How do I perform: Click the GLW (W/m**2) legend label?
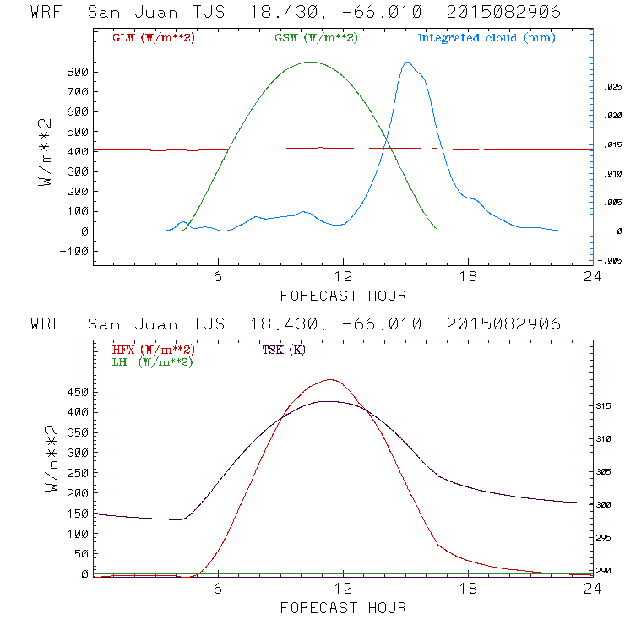[x=153, y=38]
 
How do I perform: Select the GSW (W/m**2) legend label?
[x=316, y=38]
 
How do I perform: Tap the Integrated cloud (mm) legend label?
[x=486, y=38]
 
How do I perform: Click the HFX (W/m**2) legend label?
[x=153, y=350]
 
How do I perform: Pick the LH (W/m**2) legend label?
[x=153, y=361]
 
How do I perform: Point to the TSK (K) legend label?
[x=284, y=350]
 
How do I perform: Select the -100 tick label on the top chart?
[x=75, y=251]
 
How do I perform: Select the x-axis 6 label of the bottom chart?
[x=218, y=590]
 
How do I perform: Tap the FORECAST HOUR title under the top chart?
[x=343, y=296]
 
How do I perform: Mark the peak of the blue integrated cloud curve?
[x=407, y=62]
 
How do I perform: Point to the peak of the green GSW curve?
[x=311, y=62]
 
